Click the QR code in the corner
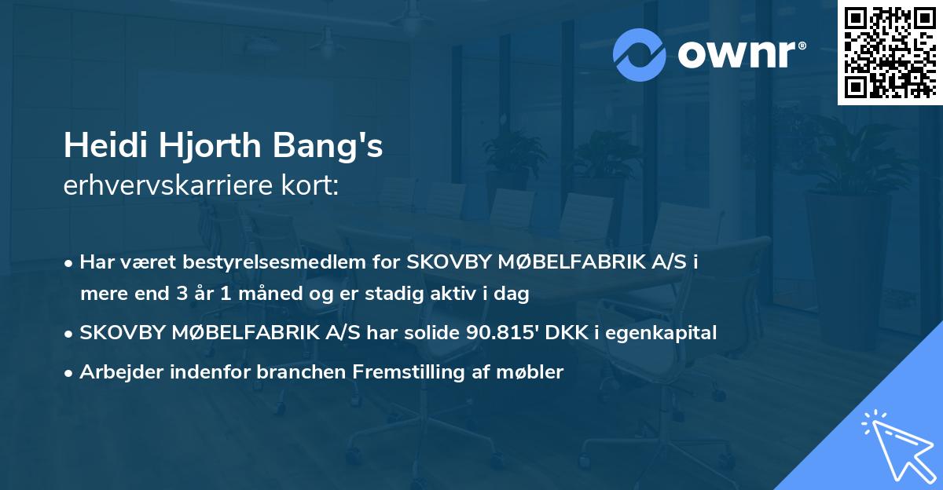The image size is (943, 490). pyautogui.click(x=890, y=52)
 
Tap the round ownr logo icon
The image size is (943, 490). pyautogui.click(x=640, y=54)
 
